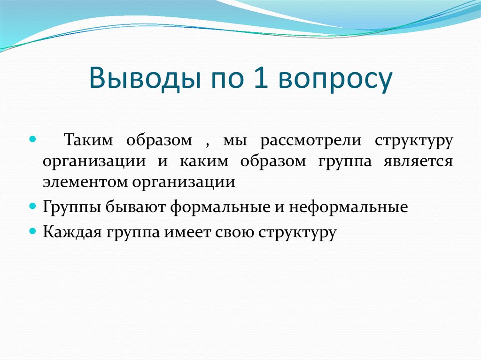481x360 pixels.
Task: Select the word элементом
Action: point(82,182)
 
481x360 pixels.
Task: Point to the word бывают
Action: point(136,207)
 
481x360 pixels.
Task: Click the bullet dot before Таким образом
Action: point(32,140)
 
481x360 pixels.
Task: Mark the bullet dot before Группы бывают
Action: point(32,206)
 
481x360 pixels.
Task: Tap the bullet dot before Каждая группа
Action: point(32,231)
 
